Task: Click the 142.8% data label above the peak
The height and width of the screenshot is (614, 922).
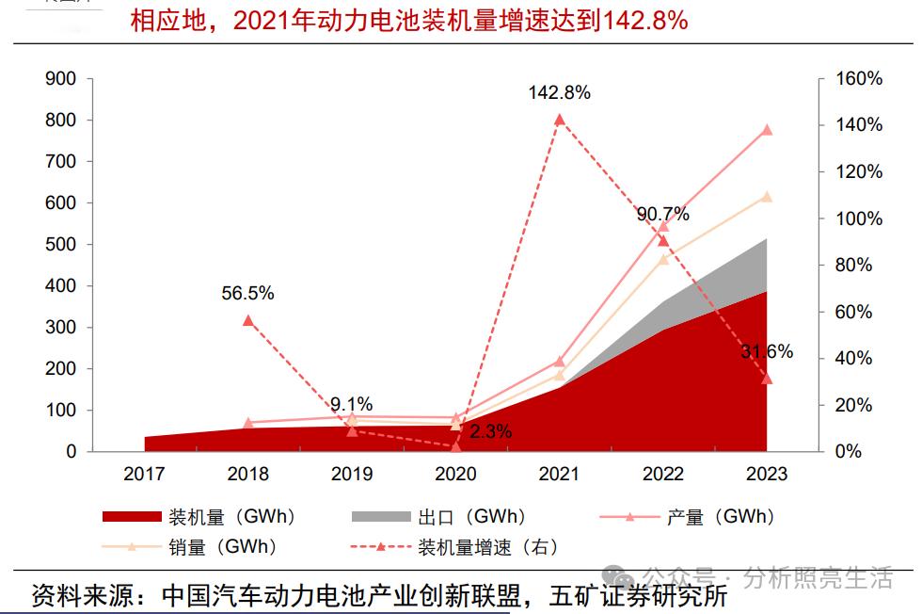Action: pos(559,92)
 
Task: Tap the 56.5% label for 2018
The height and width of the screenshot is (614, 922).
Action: pos(247,293)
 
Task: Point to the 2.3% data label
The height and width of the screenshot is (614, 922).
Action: pos(491,432)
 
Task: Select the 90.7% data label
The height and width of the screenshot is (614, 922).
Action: pos(662,214)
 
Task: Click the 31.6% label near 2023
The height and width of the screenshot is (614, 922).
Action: pos(766,351)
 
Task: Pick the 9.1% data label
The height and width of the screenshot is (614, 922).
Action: pos(351,404)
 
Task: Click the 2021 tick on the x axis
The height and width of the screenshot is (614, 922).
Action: pos(559,474)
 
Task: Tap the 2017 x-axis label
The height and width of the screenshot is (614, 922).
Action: pos(144,474)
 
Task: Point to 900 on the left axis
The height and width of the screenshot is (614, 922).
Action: pos(60,79)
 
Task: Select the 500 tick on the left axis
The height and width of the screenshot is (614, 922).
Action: pos(60,245)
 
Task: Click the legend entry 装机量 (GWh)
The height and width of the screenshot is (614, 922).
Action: pos(231,516)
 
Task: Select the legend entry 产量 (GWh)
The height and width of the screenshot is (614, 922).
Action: pos(720,516)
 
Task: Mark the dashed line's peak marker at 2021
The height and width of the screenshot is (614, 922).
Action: pos(559,120)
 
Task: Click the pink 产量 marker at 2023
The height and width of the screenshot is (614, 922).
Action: pos(766,129)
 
